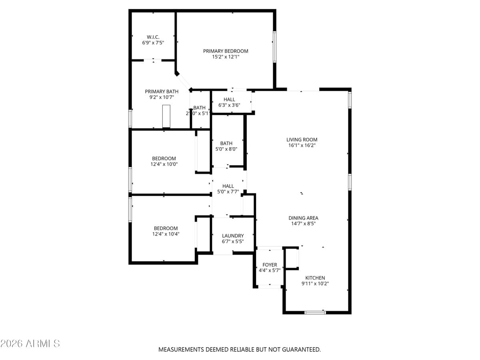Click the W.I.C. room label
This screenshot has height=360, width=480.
[x=153, y=37]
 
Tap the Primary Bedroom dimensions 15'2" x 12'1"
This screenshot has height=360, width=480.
[x=226, y=57]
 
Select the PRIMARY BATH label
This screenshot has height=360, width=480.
[x=162, y=92]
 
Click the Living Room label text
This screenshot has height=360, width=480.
[x=302, y=140]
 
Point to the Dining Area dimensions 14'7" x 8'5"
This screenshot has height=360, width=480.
[x=303, y=224]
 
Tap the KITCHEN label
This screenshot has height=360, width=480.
[x=315, y=278]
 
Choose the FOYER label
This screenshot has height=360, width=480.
[x=270, y=265]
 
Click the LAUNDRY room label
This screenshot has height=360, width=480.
[x=233, y=236]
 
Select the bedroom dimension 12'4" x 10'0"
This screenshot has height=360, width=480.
[x=164, y=164]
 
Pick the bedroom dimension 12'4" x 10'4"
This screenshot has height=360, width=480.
[x=166, y=234]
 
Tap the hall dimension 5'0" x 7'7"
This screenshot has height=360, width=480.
[x=228, y=192]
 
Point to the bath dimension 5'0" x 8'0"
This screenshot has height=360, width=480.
[x=226, y=149]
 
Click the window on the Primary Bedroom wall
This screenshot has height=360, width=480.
[x=274, y=47]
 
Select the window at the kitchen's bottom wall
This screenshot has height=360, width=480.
[x=315, y=312]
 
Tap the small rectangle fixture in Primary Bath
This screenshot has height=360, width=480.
[x=166, y=116]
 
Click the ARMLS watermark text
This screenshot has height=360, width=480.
[x=30, y=344]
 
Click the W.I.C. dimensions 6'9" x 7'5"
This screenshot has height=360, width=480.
[x=153, y=42]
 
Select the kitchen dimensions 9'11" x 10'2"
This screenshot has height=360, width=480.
[x=315, y=284]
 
